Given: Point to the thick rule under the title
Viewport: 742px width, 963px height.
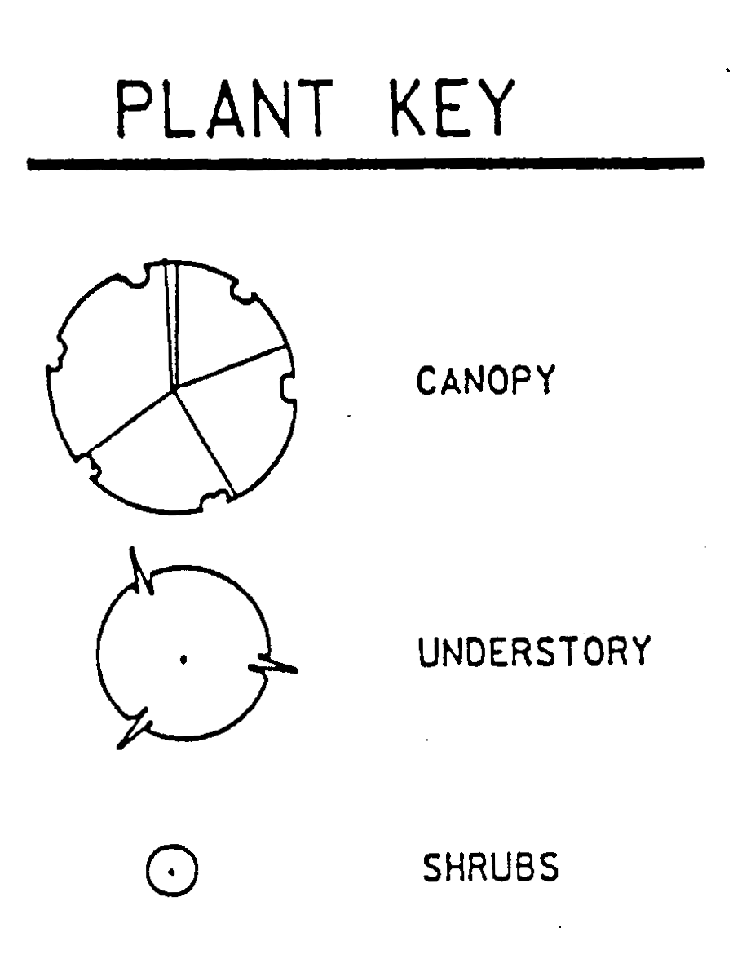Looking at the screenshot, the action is (364, 164).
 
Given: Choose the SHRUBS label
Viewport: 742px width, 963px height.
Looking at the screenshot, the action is (490, 868).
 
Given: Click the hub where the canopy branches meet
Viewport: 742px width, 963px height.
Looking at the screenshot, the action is (174, 390).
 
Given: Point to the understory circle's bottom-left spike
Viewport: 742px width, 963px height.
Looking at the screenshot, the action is (134, 728).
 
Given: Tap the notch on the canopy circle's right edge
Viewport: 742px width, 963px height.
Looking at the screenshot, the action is (286, 387).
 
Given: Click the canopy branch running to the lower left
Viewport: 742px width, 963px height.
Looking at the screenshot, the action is (130, 419).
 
